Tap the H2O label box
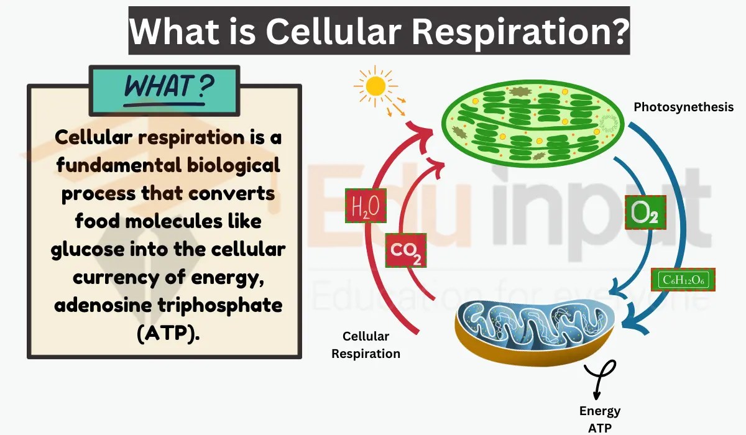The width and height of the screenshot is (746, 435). (x=366, y=205)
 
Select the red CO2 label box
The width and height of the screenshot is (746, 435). (x=405, y=250)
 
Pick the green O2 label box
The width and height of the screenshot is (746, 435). (x=645, y=213)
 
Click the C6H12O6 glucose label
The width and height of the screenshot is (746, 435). (x=683, y=280)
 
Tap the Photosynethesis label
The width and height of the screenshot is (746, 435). (x=683, y=107)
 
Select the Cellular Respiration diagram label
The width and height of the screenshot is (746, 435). (x=366, y=345)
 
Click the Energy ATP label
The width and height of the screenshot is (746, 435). (x=600, y=419)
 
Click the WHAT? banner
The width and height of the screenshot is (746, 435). (x=165, y=87)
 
